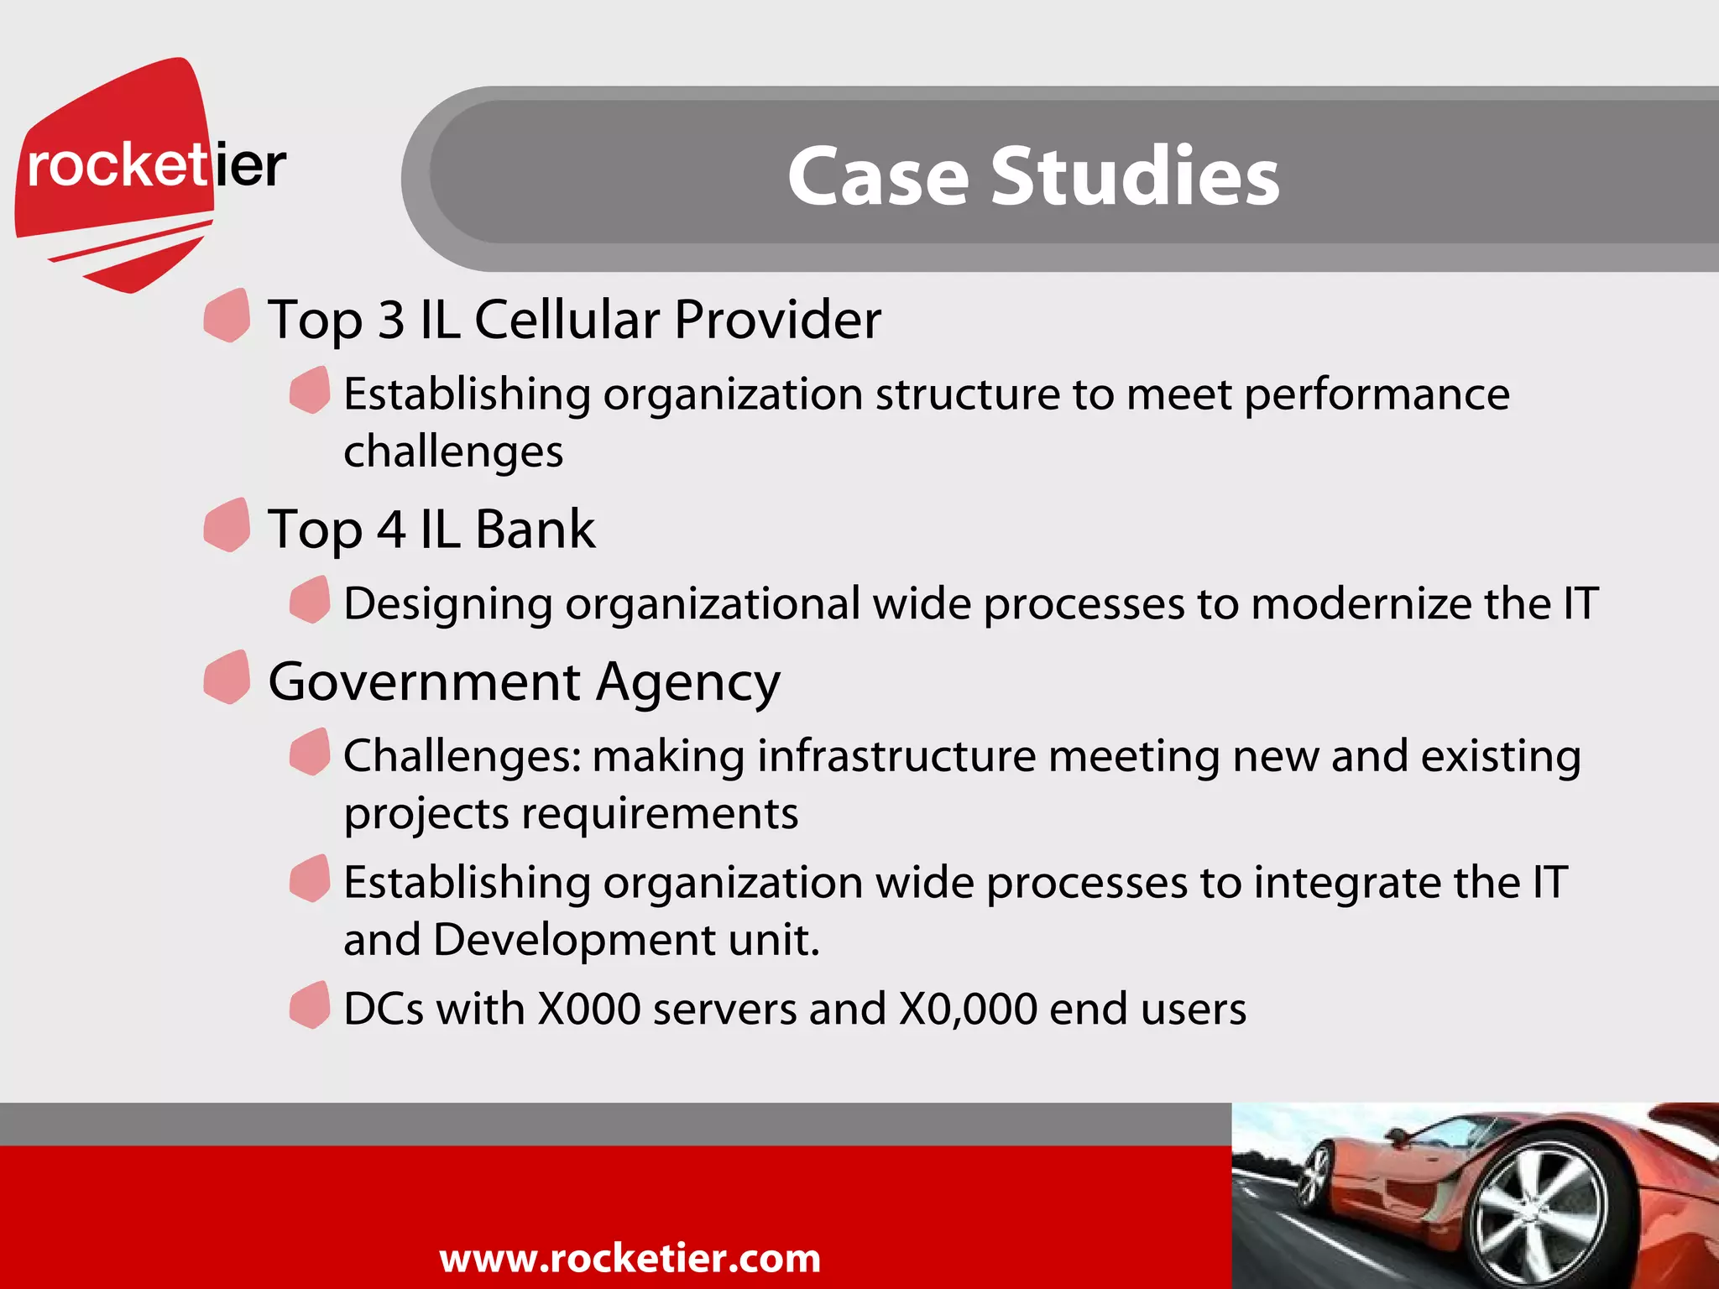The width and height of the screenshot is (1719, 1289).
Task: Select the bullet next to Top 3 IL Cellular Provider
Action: click(227, 316)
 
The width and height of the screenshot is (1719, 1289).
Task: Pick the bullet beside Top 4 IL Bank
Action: click(227, 525)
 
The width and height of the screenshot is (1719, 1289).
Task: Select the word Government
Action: click(424, 681)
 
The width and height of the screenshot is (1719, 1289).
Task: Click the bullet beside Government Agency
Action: click(227, 677)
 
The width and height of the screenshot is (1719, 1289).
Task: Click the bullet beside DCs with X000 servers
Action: click(310, 1005)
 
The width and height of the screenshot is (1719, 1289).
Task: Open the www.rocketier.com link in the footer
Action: click(630, 1258)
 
